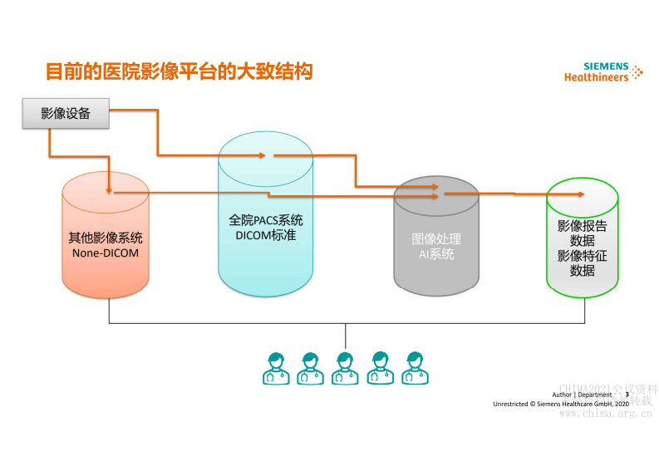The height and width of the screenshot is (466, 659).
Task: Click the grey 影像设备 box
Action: (66, 113)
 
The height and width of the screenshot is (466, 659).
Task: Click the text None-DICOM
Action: (105, 253)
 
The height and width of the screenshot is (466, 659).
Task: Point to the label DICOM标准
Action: (265, 235)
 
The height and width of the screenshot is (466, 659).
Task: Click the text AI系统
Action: (436, 254)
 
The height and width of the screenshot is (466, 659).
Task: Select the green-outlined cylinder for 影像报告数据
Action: (582, 241)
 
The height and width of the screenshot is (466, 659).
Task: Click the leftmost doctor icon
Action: (276, 368)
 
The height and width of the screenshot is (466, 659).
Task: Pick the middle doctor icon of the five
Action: (345, 368)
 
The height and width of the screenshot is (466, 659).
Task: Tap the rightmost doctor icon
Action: (414, 368)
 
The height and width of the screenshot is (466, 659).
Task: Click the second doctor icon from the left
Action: (310, 368)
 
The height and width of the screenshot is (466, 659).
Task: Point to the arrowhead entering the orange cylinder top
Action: (109, 191)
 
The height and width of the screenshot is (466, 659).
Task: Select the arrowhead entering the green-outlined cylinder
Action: (579, 194)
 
